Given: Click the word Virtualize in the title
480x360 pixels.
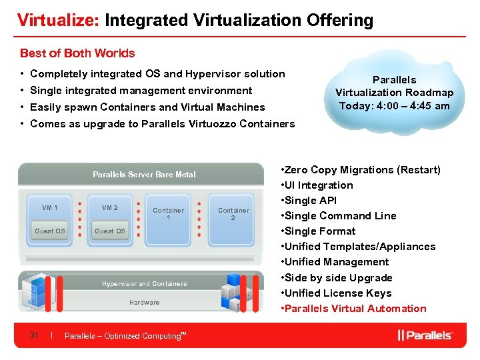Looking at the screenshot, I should (58, 20).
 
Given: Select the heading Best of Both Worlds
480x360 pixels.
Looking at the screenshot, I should (77, 53).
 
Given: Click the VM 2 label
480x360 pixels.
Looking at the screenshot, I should (110, 208).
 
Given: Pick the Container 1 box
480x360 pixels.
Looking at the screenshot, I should (168, 214).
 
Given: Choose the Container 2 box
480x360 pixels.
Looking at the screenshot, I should (233, 214).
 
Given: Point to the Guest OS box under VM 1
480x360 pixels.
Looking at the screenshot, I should (50, 231).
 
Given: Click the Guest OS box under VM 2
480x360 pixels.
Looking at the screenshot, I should (110, 231).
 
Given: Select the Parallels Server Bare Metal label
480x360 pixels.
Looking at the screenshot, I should (144, 175).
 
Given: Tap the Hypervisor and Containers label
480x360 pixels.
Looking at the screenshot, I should (144, 284).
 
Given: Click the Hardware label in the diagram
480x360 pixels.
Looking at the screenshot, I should (144, 303).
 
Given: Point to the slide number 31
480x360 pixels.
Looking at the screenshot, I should (34, 335).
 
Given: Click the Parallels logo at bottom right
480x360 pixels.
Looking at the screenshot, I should (425, 335).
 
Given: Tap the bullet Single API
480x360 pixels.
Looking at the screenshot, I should (312, 201).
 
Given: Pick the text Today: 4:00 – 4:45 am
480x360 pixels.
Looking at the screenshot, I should (394, 106).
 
